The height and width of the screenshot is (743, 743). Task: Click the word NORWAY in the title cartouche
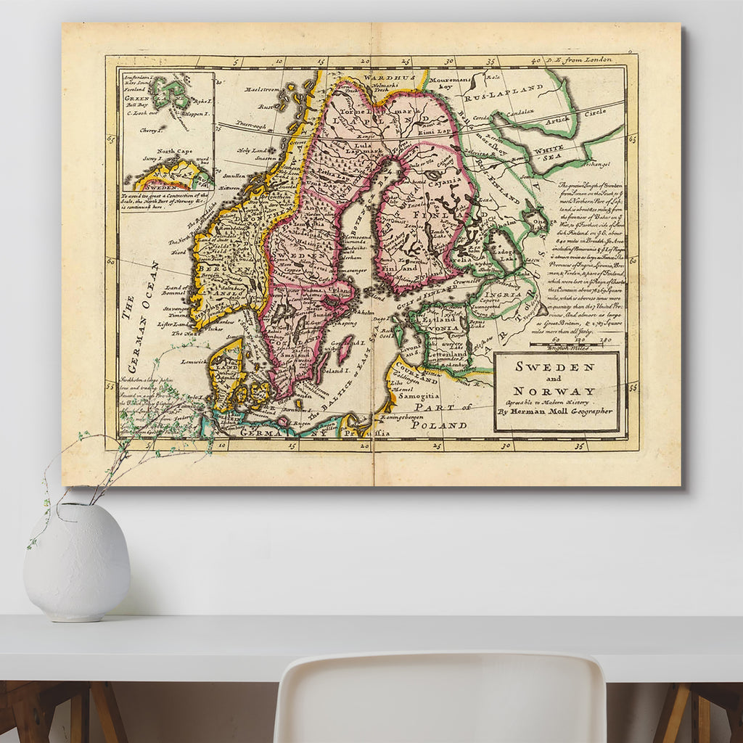click(554, 391)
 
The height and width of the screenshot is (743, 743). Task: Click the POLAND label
click(438, 425)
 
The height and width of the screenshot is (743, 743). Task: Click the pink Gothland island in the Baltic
click(345, 349)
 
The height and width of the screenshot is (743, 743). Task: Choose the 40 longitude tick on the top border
click(536, 62)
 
